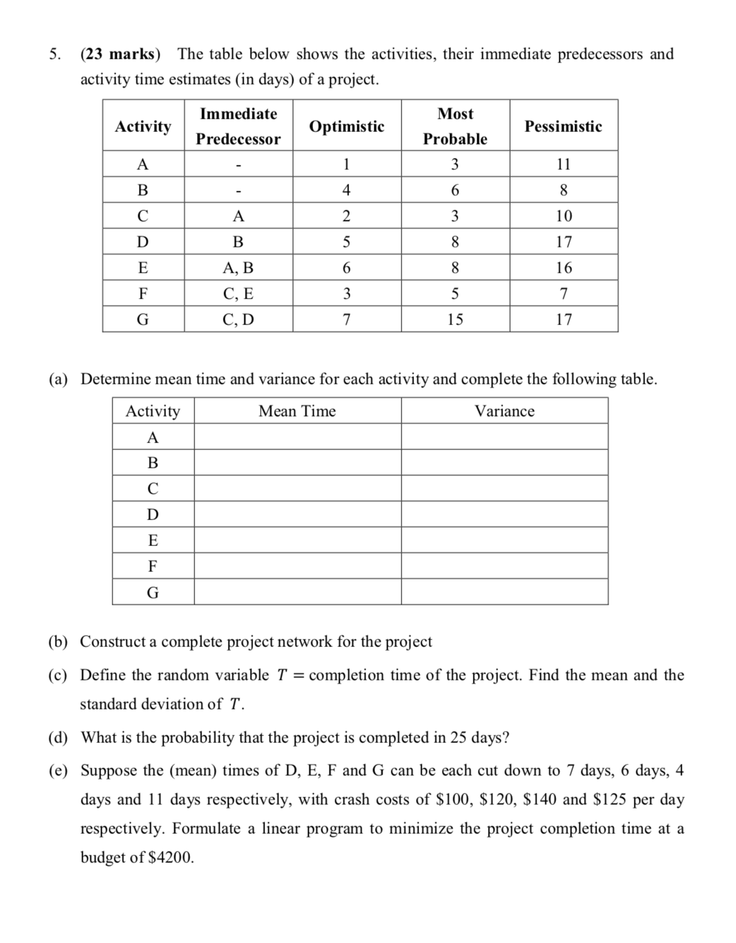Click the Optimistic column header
point(347,126)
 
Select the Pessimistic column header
point(563,126)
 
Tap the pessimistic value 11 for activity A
point(563,164)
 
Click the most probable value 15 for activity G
point(454,319)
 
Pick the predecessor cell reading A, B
point(238,268)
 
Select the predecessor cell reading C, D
point(238,319)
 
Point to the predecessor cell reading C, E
point(238,294)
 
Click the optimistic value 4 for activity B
point(346,190)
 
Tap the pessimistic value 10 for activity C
point(563,216)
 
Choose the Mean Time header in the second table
point(297,411)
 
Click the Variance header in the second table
point(504,411)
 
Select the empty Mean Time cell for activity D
point(297,514)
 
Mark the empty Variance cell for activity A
point(504,437)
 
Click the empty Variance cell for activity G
point(504,592)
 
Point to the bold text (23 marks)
point(120,54)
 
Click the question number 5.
point(55,54)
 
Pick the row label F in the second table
point(153,566)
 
